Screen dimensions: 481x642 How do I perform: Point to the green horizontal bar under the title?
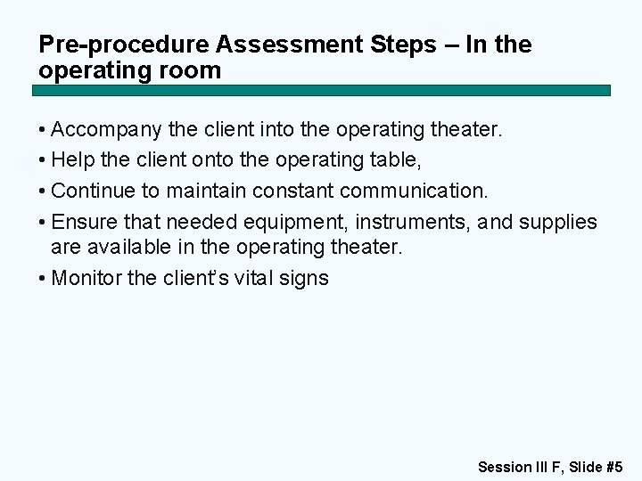pos(321,91)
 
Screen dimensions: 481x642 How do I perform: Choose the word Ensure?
pos(81,221)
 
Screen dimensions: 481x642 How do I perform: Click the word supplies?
pos(565,221)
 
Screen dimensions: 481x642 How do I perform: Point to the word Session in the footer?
pos(505,466)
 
